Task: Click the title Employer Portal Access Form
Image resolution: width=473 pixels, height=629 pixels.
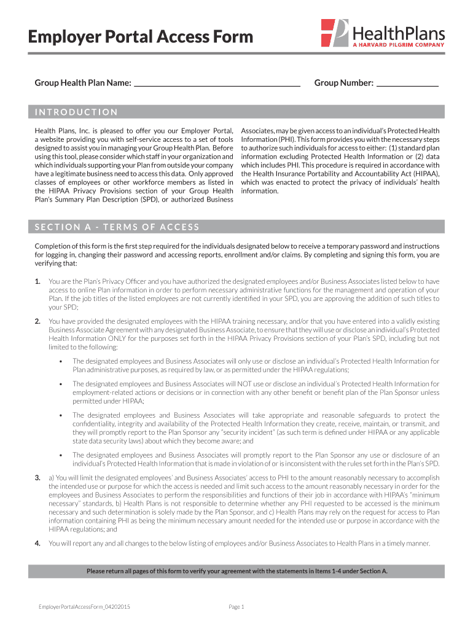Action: click(x=141, y=37)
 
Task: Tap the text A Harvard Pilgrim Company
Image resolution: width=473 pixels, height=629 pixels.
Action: click(x=398, y=44)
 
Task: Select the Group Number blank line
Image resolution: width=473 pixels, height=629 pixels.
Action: click(x=407, y=84)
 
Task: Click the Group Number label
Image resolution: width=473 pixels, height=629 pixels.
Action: click(x=343, y=83)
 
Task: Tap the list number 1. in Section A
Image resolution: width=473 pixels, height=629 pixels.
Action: click(x=37, y=281)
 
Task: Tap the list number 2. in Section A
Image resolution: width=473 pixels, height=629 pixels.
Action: click(x=37, y=321)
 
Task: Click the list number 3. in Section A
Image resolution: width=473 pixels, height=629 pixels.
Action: click(x=37, y=478)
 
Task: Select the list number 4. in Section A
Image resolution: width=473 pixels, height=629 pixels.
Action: click(x=37, y=543)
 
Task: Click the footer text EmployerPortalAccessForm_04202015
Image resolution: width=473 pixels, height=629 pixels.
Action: click(x=84, y=607)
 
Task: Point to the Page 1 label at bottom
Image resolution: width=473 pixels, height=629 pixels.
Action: click(x=237, y=607)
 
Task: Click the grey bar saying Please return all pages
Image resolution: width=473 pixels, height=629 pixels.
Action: click(x=237, y=571)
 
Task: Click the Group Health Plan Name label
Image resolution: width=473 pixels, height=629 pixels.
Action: click(x=83, y=83)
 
